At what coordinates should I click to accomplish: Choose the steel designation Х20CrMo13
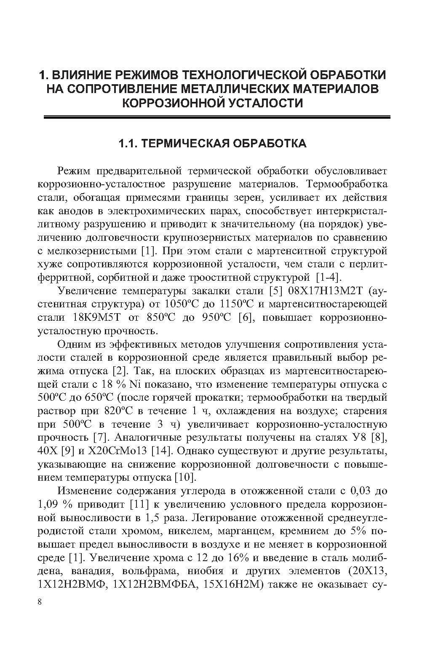coord(117,451)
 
